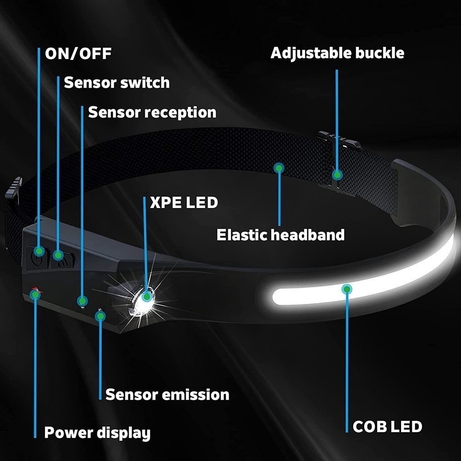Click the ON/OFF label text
point(78,54)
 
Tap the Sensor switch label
point(117,83)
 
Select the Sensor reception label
point(152,112)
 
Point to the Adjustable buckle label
point(337,53)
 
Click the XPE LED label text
point(184,203)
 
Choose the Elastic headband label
point(280,235)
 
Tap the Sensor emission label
point(167,395)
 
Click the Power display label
point(97,433)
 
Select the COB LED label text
point(387,426)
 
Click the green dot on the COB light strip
point(346,289)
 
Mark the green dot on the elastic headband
point(279,168)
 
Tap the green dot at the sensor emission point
point(100,316)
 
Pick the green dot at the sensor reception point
point(81,300)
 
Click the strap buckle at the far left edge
point(14,189)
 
